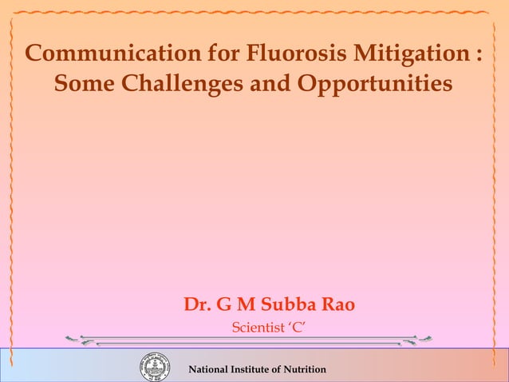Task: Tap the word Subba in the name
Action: [x=282, y=305]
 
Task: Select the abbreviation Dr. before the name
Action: [x=197, y=305]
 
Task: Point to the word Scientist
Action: [x=256, y=327]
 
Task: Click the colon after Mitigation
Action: [x=478, y=55]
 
